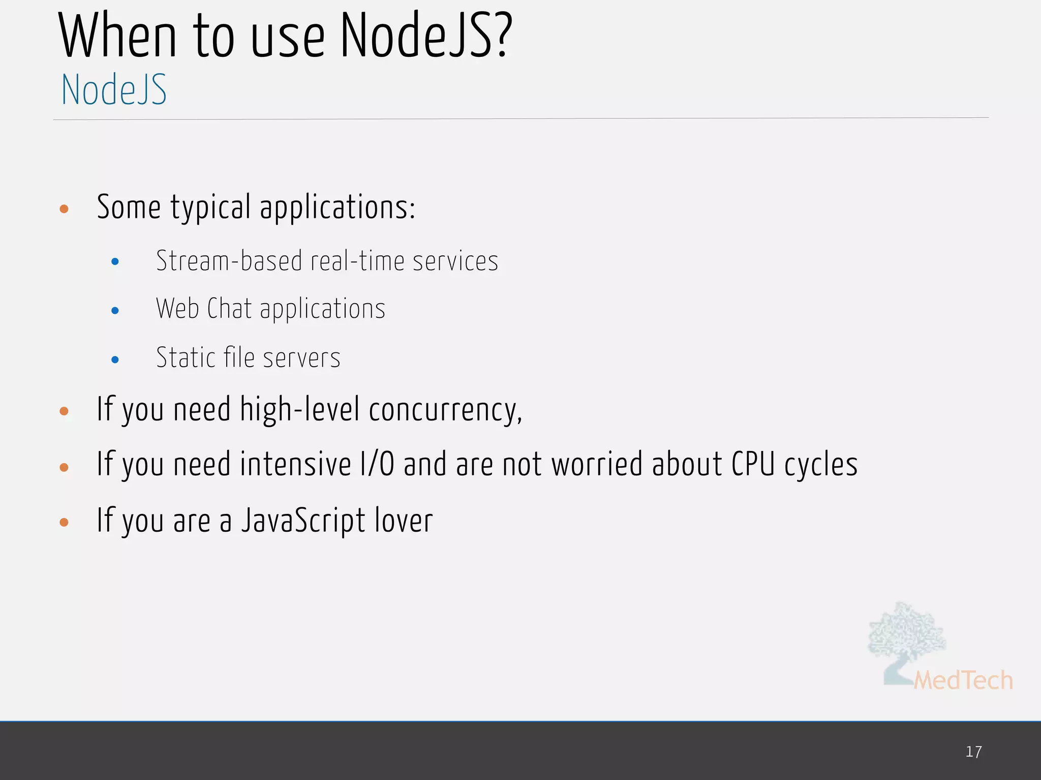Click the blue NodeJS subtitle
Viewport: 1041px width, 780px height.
114,90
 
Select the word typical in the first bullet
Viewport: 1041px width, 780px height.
210,208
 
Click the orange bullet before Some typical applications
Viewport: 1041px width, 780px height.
64,209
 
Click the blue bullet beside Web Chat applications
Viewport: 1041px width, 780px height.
115,310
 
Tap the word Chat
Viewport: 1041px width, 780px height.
229,309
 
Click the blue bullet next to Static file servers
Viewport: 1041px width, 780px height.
115,360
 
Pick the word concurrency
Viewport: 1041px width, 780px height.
445,410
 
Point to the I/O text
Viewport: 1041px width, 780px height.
377,465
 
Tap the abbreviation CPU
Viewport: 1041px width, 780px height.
753,465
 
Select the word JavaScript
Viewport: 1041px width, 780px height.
303,521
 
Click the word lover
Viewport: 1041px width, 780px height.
404,521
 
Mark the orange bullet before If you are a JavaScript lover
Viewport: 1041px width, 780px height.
64,522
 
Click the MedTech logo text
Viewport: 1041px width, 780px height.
963,680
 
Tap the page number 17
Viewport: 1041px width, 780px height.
973,752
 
